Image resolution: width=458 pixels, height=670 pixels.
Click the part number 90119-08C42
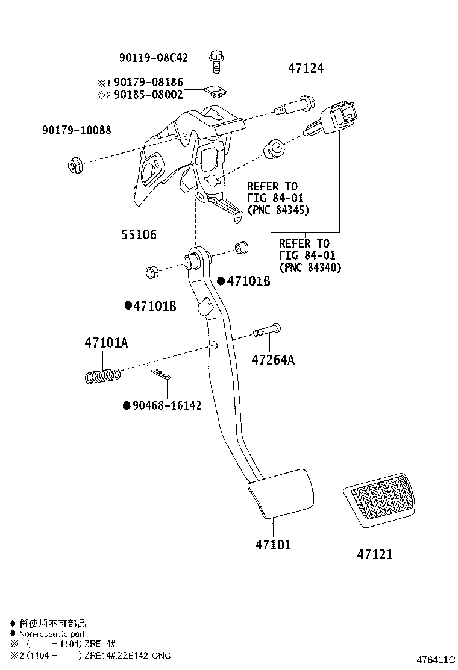click(x=154, y=58)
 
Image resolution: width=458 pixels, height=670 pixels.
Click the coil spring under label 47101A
click(x=102, y=376)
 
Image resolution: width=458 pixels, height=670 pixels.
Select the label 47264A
click(x=272, y=360)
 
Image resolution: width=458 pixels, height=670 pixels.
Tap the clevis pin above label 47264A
click(x=267, y=331)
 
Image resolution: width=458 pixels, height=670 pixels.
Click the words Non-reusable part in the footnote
click(x=52, y=634)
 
